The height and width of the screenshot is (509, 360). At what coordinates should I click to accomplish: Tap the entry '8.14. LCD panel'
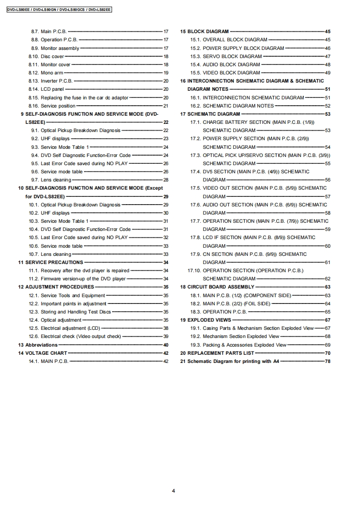pyautogui.click(x=46, y=89)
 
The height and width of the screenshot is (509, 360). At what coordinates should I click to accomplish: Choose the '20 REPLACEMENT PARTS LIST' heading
pyautogui.click(x=217, y=353)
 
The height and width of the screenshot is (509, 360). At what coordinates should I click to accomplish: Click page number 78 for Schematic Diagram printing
pyautogui.click(x=327, y=362)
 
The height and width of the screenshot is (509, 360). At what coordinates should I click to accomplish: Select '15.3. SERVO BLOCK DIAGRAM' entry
pyautogui.click(x=232, y=56)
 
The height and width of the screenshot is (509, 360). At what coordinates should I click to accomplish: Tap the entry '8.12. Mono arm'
pyautogui.click(x=45, y=73)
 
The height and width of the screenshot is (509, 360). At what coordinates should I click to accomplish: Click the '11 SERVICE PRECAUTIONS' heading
pyautogui.click(x=50, y=262)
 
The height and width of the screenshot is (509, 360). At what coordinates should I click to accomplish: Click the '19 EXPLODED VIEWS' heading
pyautogui.click(x=205, y=320)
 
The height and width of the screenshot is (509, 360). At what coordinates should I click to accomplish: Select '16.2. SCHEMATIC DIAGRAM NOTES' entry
pyautogui.click(x=238, y=106)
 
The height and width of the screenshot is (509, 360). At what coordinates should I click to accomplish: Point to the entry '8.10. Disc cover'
pyautogui.click(x=46, y=56)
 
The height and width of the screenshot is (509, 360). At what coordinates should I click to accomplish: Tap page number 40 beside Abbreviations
pyautogui.click(x=166, y=345)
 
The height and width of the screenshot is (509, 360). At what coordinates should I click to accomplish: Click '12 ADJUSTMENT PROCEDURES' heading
pyautogui.click(x=56, y=287)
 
